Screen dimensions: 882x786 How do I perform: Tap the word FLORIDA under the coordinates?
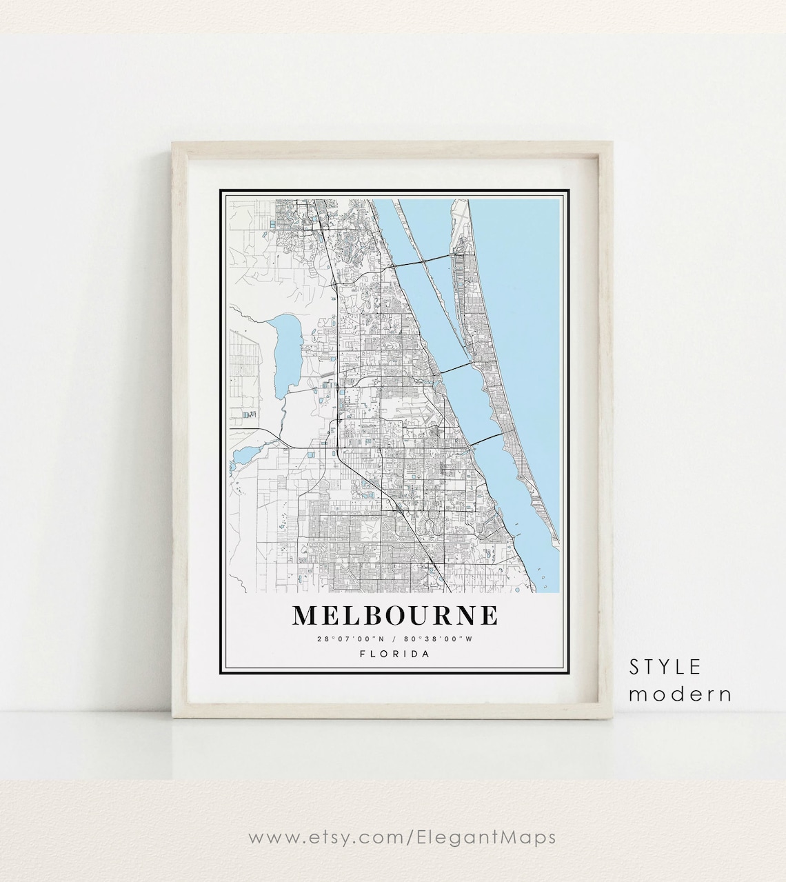pyautogui.click(x=395, y=654)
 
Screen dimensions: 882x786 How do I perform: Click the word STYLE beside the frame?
pyautogui.click(x=665, y=667)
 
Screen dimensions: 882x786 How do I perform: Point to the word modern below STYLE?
pyautogui.click(x=680, y=694)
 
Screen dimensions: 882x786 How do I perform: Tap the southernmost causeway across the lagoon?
pyautogui.click(x=486, y=441)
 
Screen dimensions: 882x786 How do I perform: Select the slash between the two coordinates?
pyautogui.click(x=395, y=639)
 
